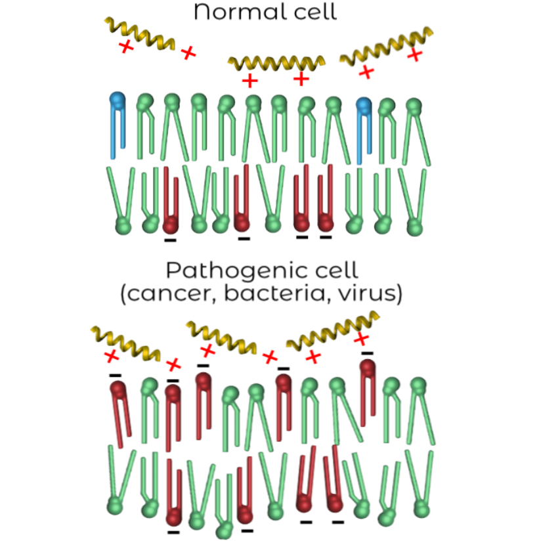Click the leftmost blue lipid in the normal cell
pyautogui.click(x=118, y=125)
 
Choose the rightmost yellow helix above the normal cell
pyautogui.click(x=387, y=47)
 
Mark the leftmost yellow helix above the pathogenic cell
pyautogui.click(x=124, y=341)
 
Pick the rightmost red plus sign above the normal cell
pyautogui.click(x=414, y=54)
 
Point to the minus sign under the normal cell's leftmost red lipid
pyautogui.click(x=170, y=240)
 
